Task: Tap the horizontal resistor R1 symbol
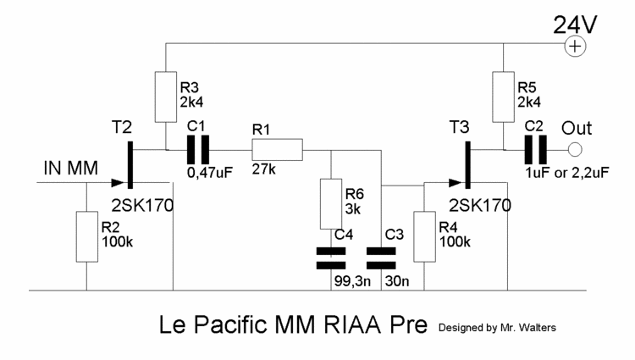[x=276, y=150]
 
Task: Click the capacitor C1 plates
[x=196, y=150]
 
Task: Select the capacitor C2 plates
[x=535, y=150]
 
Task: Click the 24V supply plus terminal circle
[x=576, y=47]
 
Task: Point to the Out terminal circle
[x=575, y=150]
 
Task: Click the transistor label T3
[x=462, y=126]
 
